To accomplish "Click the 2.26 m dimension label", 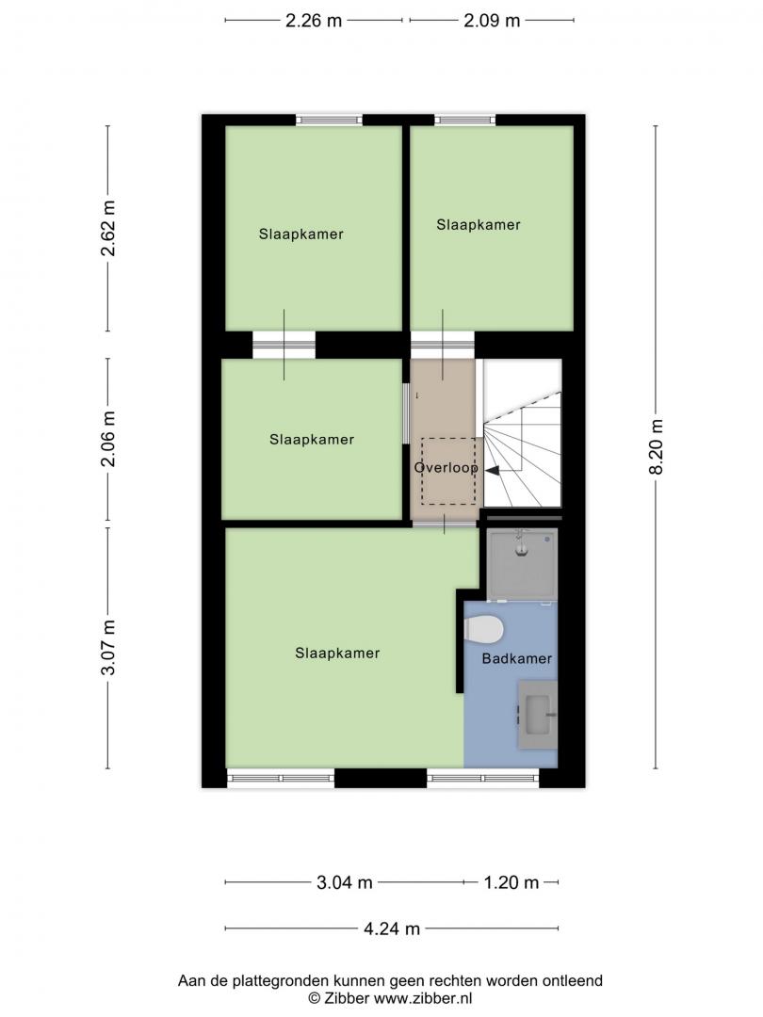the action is (x=314, y=21).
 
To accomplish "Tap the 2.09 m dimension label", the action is (x=492, y=21).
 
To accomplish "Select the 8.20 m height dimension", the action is (x=656, y=447).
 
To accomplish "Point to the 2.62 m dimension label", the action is (x=107, y=228).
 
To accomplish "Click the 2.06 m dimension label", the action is (x=107, y=439).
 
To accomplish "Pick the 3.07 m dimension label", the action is (x=107, y=647).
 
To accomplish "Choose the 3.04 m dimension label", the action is (x=345, y=882).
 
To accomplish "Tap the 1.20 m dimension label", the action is (x=511, y=882).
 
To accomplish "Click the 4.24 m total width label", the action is (x=392, y=928).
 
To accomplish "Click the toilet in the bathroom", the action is (x=484, y=629).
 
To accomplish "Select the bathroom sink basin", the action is (x=537, y=714).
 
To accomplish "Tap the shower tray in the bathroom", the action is (x=522, y=565).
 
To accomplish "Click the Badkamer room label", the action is (x=516, y=659).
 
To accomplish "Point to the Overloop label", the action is (x=446, y=468).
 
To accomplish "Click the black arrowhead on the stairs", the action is (x=493, y=471).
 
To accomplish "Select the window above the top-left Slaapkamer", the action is (x=329, y=120).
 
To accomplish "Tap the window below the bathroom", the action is (x=482, y=777).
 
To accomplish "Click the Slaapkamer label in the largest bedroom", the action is (x=337, y=654).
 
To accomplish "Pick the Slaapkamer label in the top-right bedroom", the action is (x=479, y=225).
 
